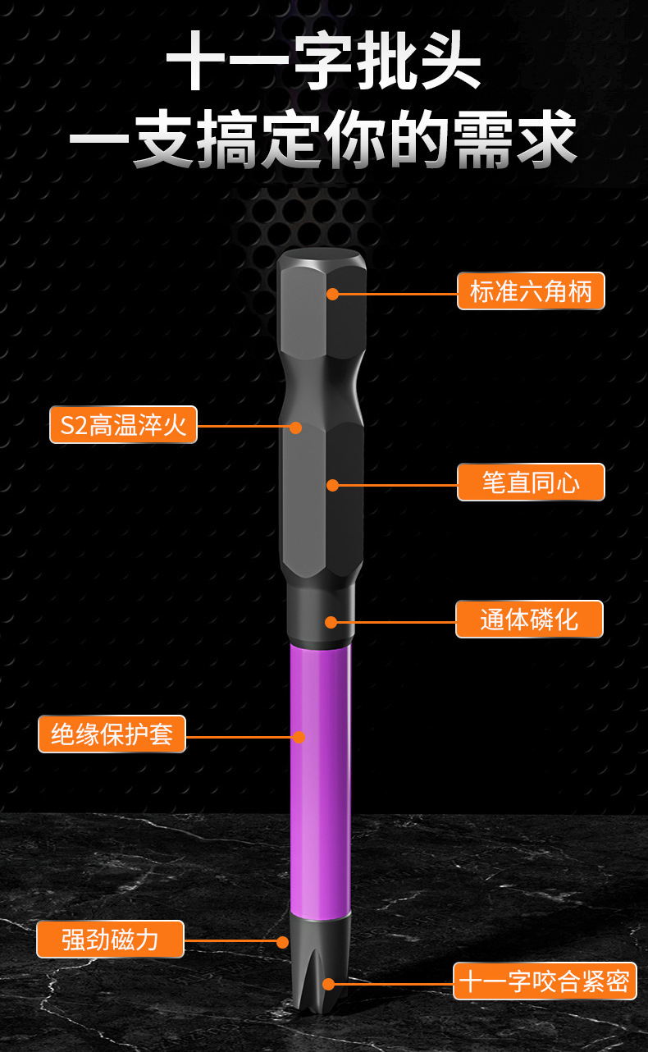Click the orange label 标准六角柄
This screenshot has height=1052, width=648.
tap(531, 291)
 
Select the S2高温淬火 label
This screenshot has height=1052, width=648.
tap(123, 425)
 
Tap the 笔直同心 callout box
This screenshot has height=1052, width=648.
tap(531, 483)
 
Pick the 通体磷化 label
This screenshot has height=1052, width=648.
tap(529, 620)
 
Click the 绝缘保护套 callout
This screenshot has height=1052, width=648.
tap(112, 734)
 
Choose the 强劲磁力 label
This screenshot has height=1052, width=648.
tap(110, 939)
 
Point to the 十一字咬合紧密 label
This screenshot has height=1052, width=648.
tap(545, 981)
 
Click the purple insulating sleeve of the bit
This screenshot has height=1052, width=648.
tap(321, 780)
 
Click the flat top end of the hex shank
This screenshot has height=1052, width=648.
tap(322, 256)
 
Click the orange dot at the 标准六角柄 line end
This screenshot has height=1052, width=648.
tap(332, 293)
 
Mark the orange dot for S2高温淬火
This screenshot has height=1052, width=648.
tap(295, 427)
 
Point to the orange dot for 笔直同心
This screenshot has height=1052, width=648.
tap(332, 485)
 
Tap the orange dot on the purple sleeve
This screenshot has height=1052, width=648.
tap(299, 737)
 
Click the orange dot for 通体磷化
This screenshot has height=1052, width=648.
tap(331, 622)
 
